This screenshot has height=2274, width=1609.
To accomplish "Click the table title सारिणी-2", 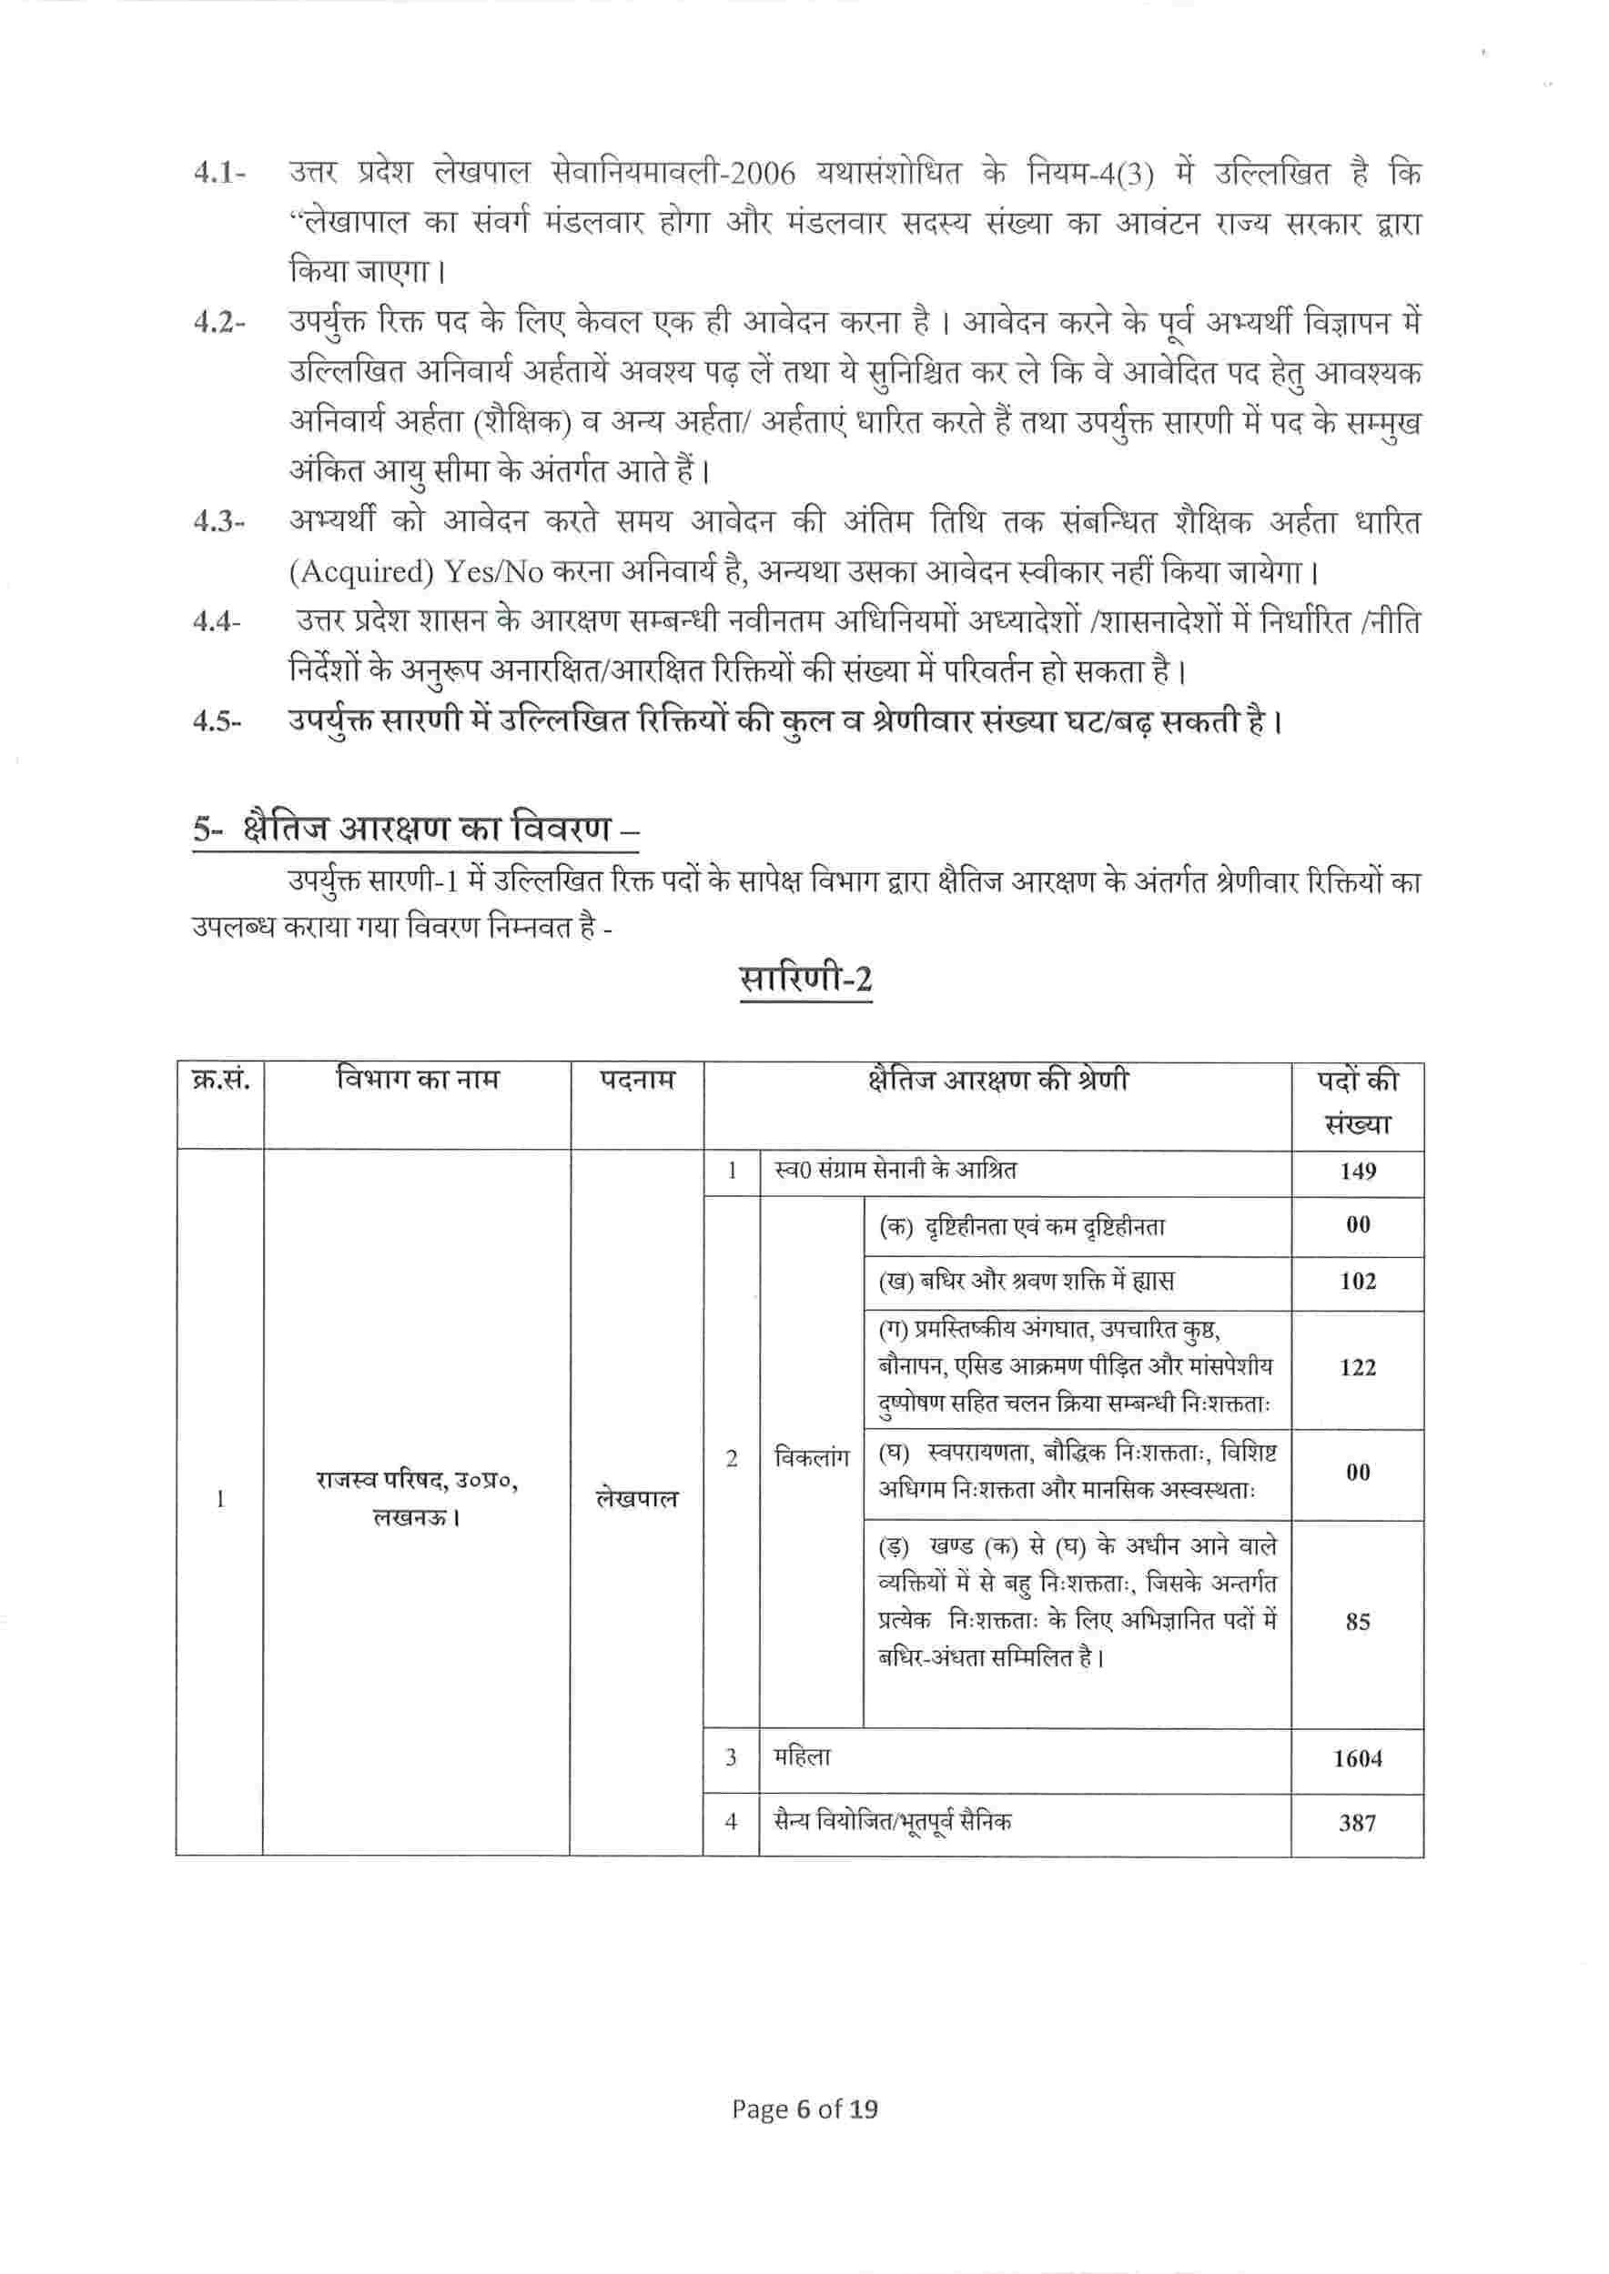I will [805, 980].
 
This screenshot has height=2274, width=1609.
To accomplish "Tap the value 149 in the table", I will [1357, 1172].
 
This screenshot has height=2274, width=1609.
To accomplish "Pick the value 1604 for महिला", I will [1357, 1758].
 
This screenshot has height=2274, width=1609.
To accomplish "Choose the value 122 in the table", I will [1357, 1368].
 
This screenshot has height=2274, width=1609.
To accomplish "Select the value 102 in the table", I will [1357, 1282].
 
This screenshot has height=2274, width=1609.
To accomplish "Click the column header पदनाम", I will [637, 1080].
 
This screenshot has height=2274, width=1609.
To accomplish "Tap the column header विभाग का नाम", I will [417, 1078].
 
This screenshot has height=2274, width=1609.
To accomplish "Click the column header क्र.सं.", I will [220, 1079].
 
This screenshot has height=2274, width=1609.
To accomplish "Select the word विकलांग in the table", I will [812, 1459].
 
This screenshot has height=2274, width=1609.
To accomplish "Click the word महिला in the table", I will [803, 1757].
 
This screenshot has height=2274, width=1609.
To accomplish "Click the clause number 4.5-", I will [218, 722].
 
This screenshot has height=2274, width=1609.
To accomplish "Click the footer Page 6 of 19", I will [804, 2137].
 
